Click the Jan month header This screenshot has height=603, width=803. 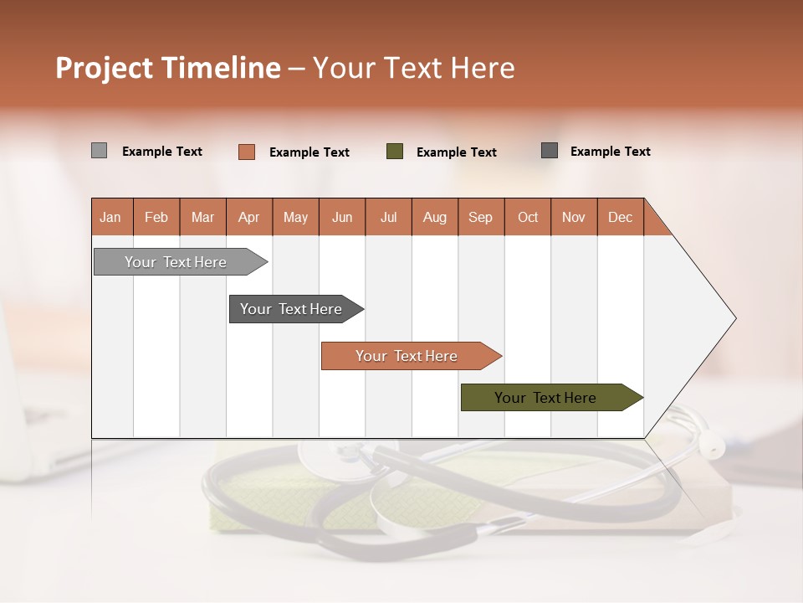pos(111,217)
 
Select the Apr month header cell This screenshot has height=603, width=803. pos(249,217)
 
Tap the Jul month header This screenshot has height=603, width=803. pos(388,217)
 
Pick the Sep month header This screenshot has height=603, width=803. pos(481,217)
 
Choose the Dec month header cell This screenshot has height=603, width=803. pos(620,217)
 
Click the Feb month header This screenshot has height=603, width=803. pos(156,217)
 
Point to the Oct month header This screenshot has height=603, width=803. pos(528,217)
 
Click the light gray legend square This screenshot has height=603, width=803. pos(99,151)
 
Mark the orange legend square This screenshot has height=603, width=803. pos(246,152)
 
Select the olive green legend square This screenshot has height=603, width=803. pos(395,152)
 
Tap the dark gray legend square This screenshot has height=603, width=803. pos(550,151)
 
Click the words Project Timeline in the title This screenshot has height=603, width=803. pos(167,68)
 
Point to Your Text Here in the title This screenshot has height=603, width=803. pos(413,68)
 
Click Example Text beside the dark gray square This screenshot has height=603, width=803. pos(610,152)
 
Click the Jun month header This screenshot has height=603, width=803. pos(342,217)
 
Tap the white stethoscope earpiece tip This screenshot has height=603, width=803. pos(712,446)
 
